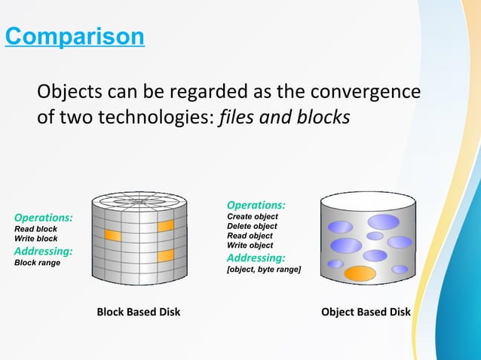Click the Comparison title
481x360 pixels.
[74, 36]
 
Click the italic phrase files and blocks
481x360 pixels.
[283, 119]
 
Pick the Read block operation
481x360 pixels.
[35, 229]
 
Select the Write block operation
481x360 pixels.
[36, 239]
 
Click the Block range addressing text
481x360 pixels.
[38, 263]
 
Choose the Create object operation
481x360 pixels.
[253, 217]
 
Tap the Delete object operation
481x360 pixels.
[252, 226]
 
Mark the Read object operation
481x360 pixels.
[250, 236]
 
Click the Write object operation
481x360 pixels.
[250, 246]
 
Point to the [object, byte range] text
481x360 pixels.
[264, 270]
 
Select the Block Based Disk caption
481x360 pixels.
[138, 312]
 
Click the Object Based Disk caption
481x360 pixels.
[366, 312]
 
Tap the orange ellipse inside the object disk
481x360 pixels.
[360, 273]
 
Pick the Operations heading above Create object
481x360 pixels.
[256, 205]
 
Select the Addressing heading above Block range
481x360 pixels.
[44, 251]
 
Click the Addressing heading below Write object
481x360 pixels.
[256, 258]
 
